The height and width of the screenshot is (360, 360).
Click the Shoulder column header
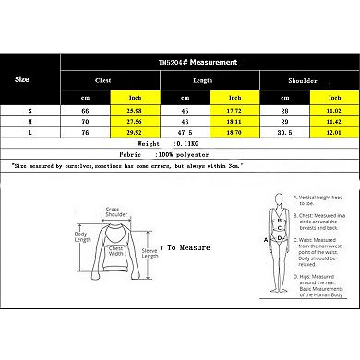(304, 80)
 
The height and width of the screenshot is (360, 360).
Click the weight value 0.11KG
(176, 144)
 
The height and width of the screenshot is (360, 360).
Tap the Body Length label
(84, 239)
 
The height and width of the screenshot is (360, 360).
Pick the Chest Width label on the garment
(116, 251)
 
